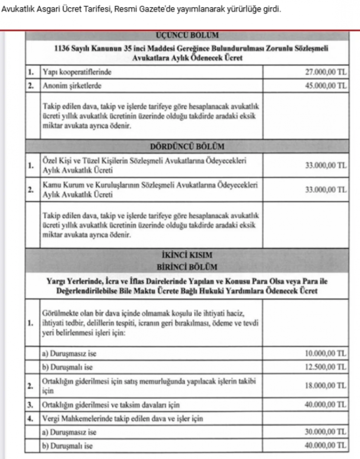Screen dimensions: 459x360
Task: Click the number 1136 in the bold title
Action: tap(64, 49)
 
